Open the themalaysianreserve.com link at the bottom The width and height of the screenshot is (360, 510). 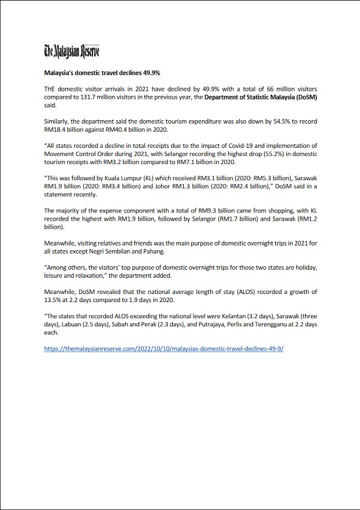coord(164,349)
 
